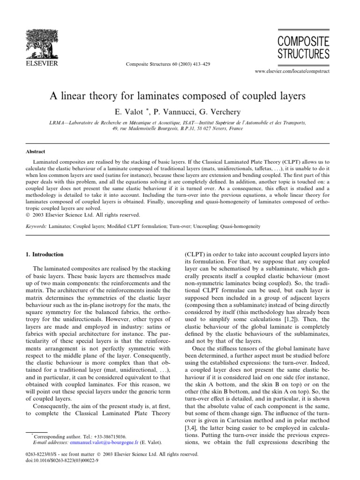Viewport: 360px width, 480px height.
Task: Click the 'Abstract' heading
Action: click(x=35, y=151)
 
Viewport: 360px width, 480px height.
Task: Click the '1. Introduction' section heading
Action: click(x=44, y=255)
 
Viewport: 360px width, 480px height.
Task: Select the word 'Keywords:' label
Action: click(x=36, y=226)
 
